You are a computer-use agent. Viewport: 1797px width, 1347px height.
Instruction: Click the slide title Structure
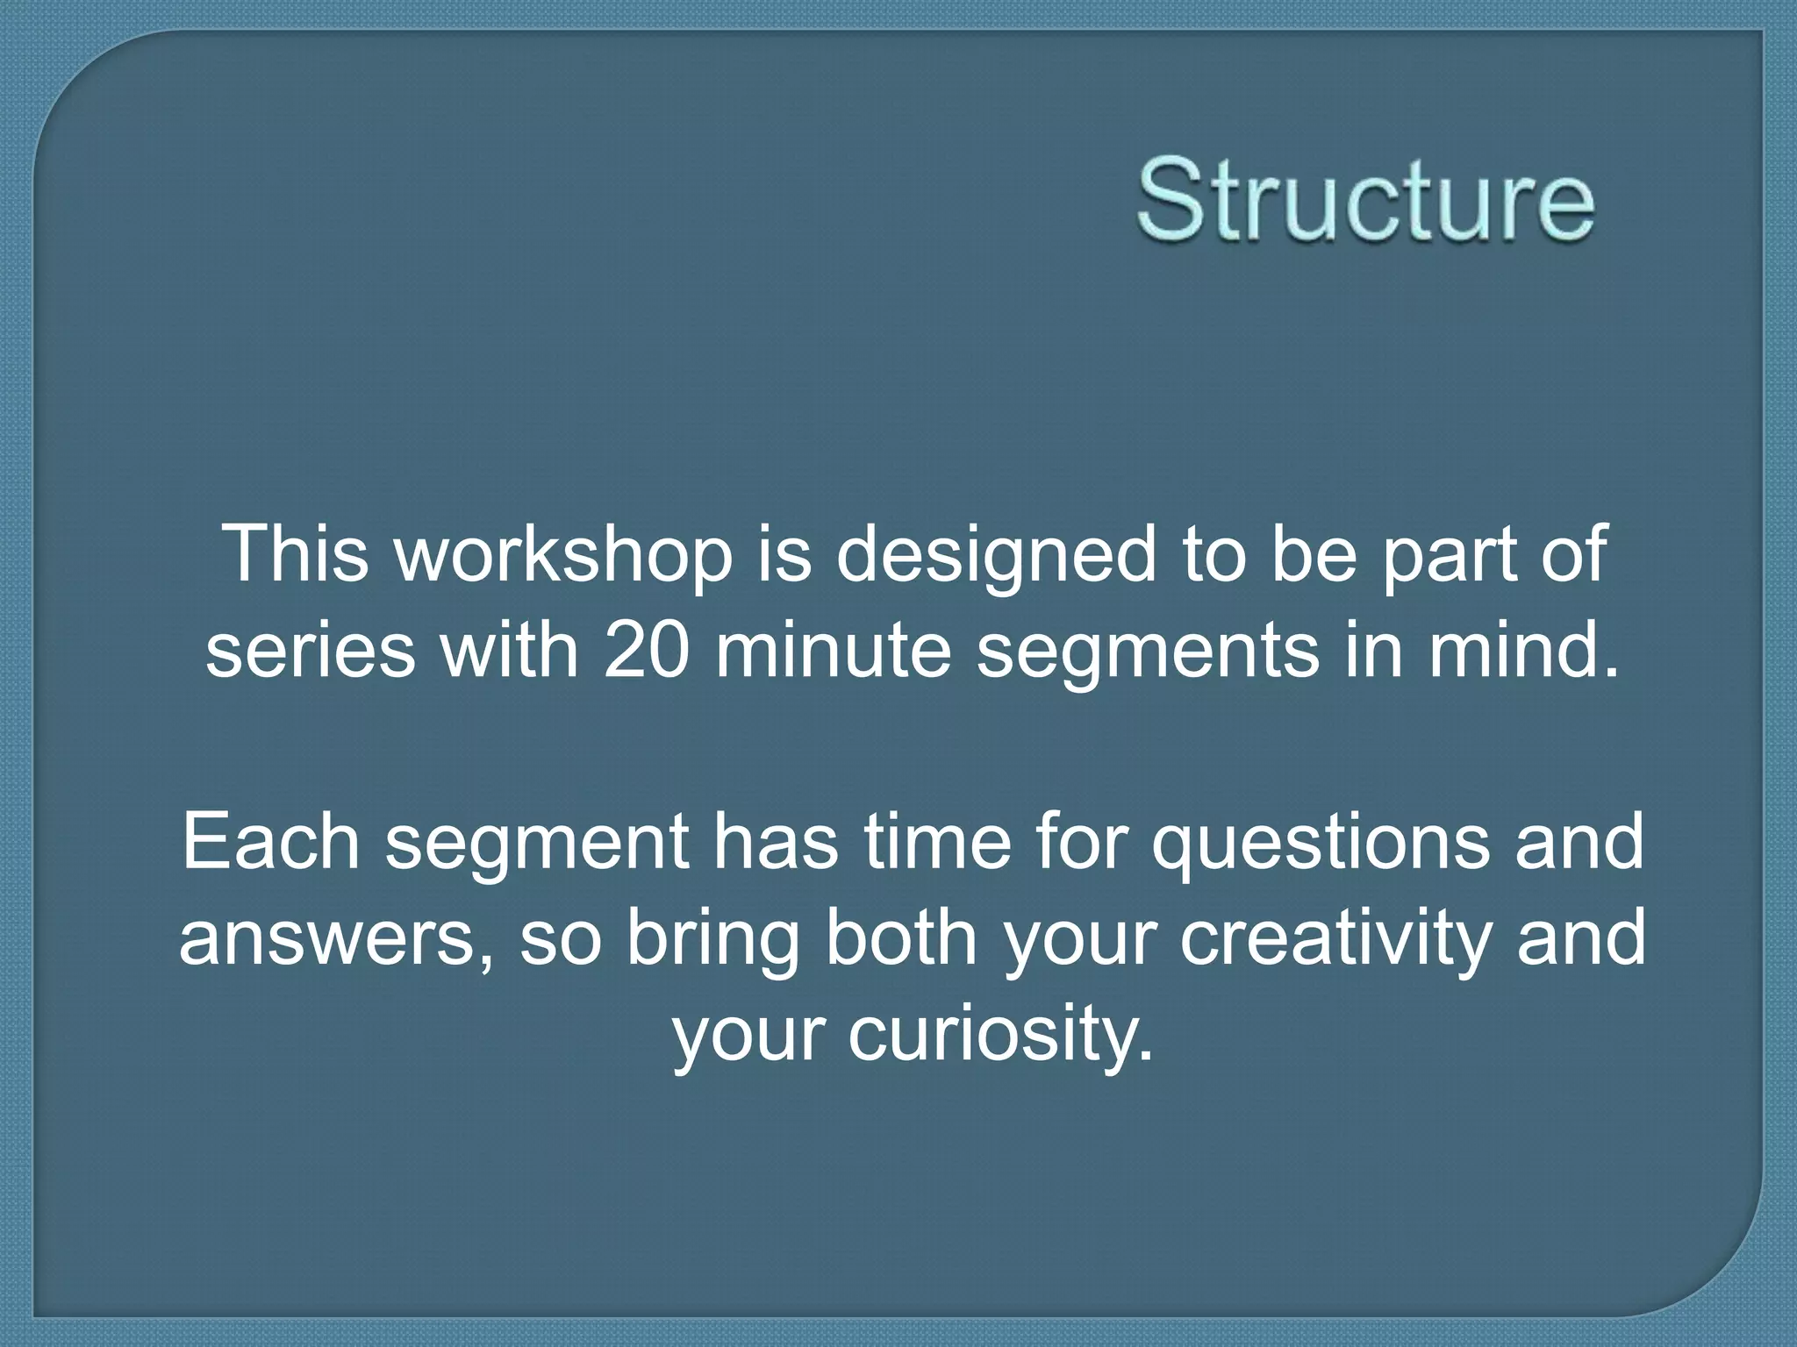coord(1365,199)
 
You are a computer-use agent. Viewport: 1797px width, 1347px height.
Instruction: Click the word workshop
coord(564,553)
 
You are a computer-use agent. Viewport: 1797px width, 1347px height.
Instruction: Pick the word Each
coord(271,841)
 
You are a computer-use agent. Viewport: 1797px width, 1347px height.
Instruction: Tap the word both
coord(901,937)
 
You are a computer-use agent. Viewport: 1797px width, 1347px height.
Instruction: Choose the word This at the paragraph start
coord(296,553)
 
